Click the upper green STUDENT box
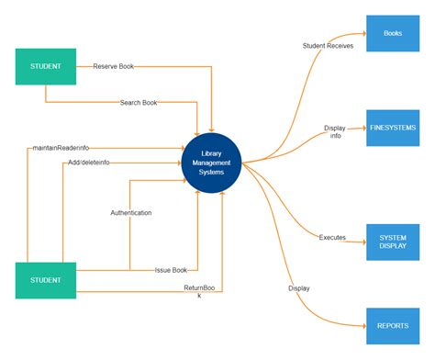click(x=45, y=66)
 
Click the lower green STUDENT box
click(x=45, y=280)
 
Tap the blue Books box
click(x=393, y=34)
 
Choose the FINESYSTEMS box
click(x=393, y=129)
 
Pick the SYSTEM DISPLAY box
click(x=393, y=242)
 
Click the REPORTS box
click(x=393, y=325)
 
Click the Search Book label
click(x=139, y=103)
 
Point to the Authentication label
click(x=131, y=213)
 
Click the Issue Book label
click(x=171, y=270)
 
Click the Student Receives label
click(x=328, y=45)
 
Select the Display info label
click(x=336, y=132)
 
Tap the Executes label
click(x=332, y=237)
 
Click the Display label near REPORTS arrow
click(x=299, y=288)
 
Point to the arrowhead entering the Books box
click(x=362, y=34)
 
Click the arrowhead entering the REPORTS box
click(x=362, y=325)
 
